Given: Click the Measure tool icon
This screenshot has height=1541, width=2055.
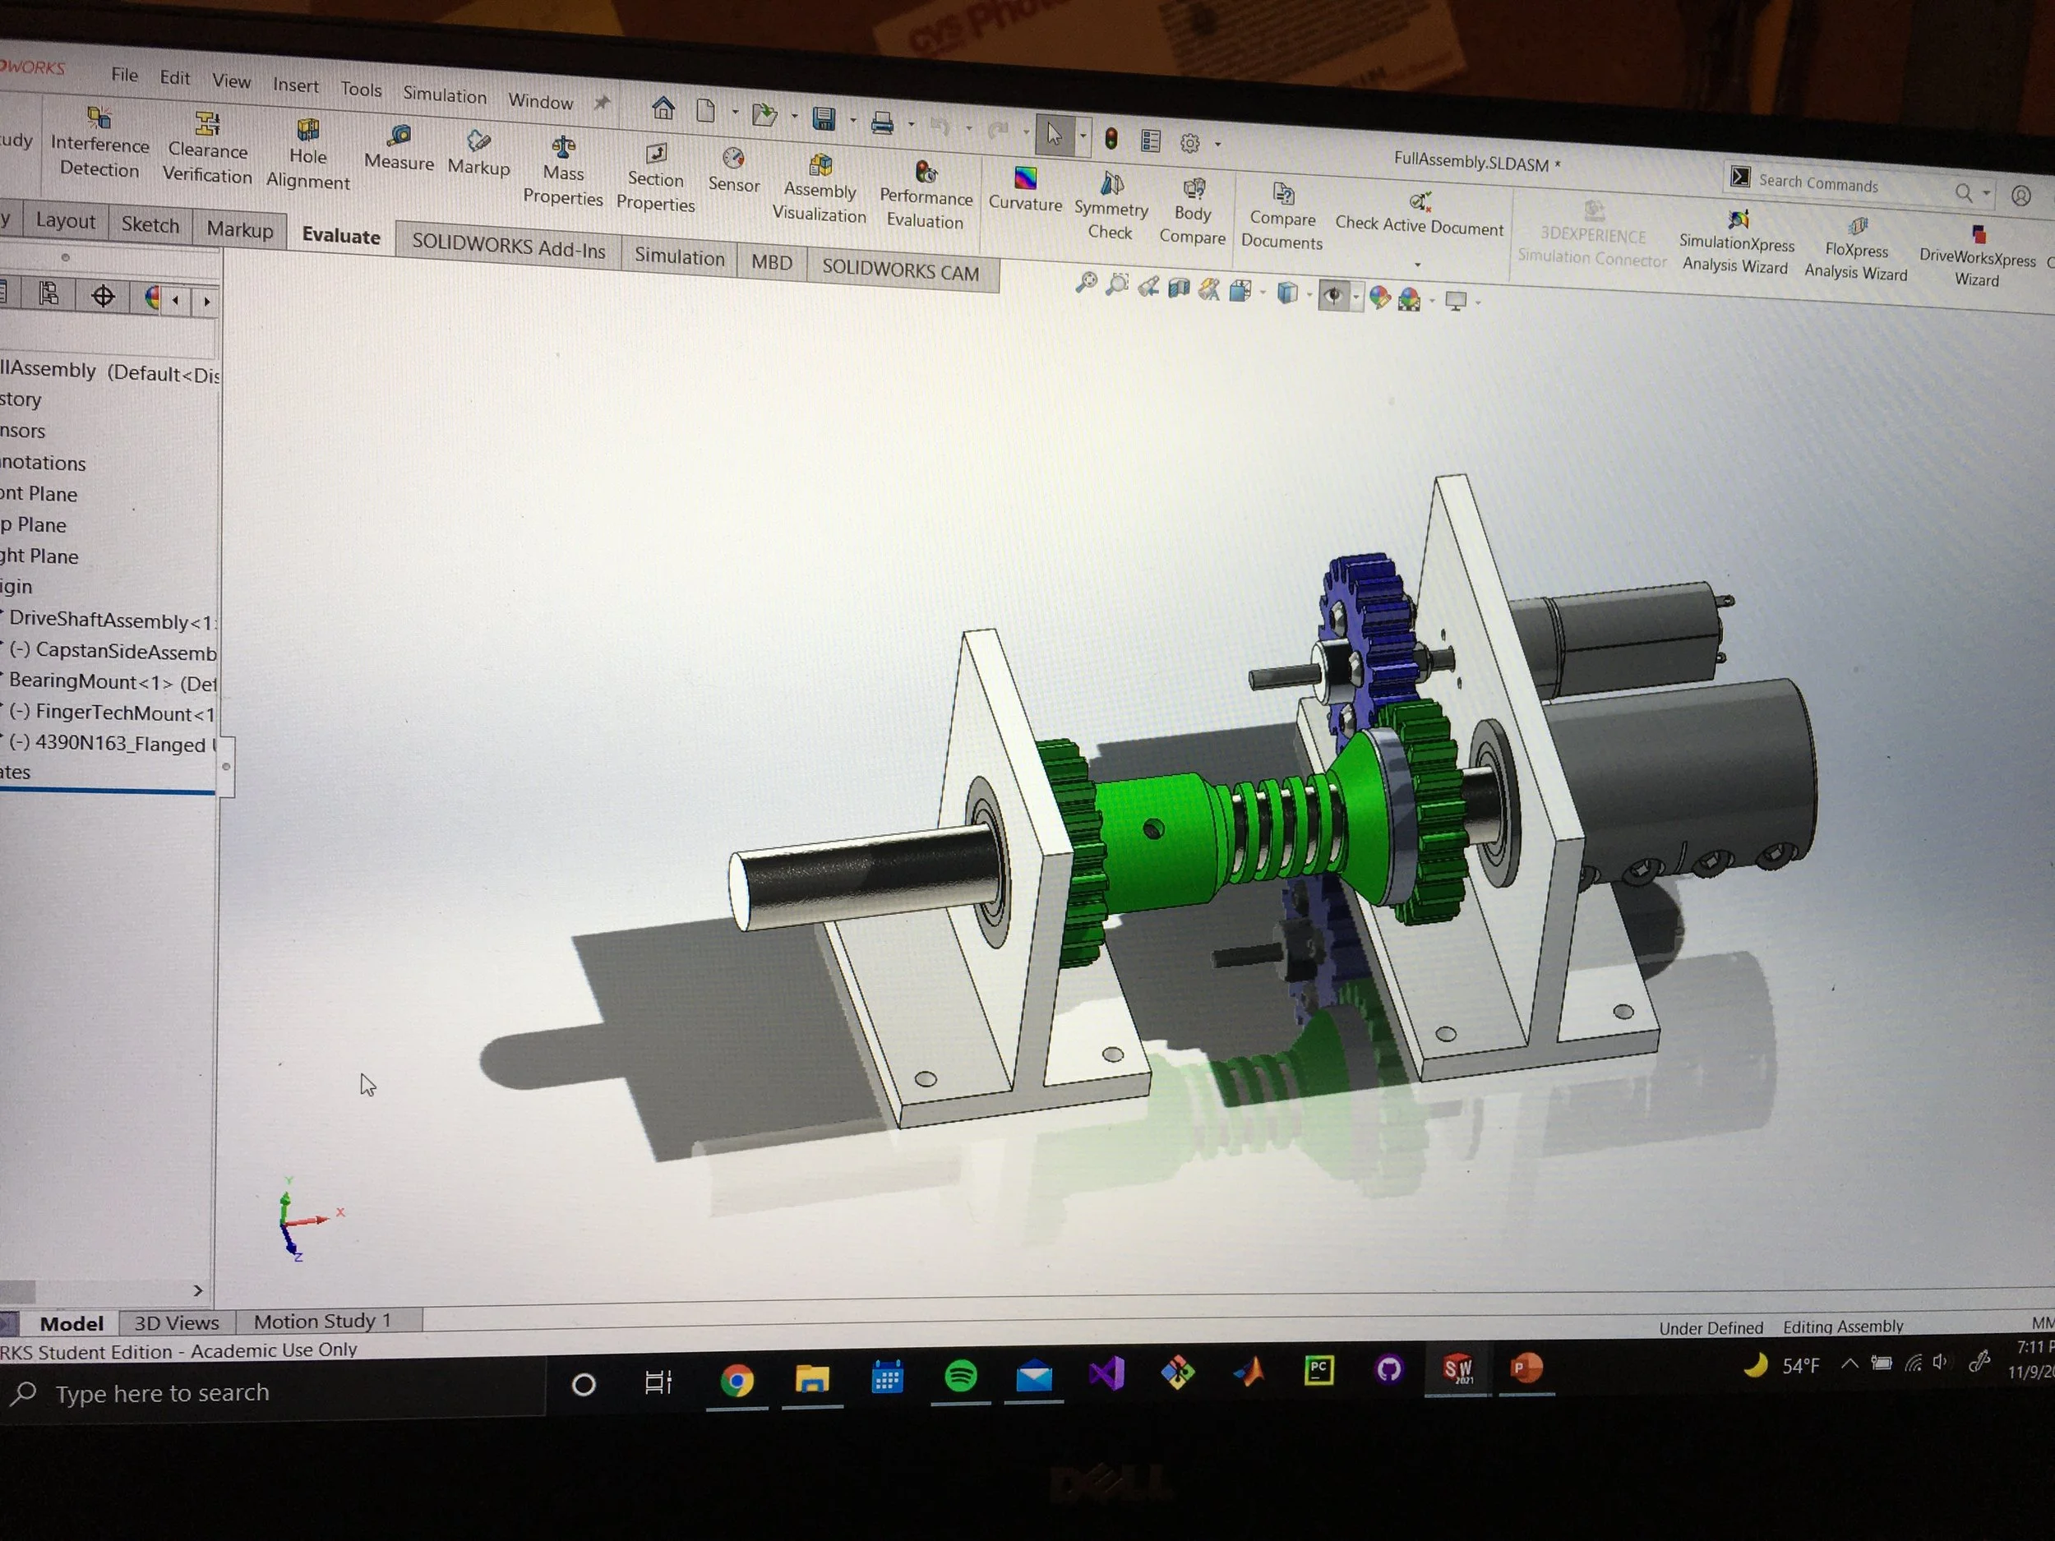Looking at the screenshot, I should tap(399, 138).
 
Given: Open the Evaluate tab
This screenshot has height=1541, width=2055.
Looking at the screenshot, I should tap(340, 236).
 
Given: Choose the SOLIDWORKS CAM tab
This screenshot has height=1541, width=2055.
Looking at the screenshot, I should tap(899, 271).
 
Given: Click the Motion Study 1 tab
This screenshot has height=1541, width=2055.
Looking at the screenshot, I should tap(321, 1320).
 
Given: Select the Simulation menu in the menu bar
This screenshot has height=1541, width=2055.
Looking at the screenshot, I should tap(444, 95).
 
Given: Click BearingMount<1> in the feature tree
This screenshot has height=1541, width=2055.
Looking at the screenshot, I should tap(112, 682).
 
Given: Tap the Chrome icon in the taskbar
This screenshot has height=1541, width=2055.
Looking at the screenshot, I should tap(737, 1382).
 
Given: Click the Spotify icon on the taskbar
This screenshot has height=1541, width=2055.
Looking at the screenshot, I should tap(959, 1376).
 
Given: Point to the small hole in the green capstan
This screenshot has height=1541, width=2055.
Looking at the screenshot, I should tap(1153, 828).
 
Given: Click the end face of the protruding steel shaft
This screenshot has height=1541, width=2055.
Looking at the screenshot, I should tap(741, 890).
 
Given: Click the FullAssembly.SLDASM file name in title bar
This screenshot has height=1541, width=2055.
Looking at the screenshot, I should tap(1470, 162).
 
